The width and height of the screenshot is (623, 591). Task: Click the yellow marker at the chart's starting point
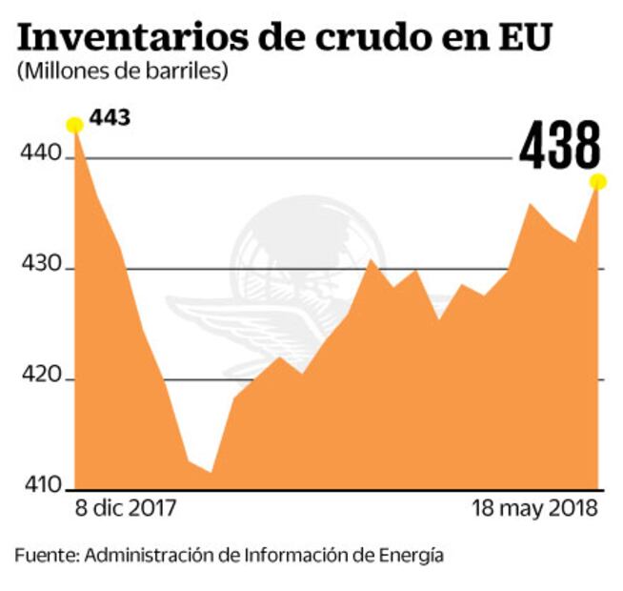point(73,125)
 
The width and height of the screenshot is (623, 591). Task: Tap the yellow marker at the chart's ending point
point(598,182)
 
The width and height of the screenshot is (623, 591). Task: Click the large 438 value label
point(560,147)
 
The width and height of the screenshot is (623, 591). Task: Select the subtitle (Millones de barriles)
point(121,71)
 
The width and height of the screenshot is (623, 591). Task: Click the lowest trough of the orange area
point(211,471)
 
